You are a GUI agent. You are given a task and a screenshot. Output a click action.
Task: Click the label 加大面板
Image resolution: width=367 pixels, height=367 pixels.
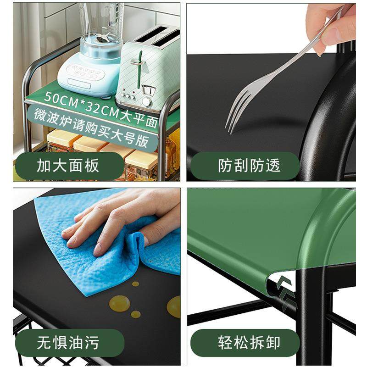coord(67,166)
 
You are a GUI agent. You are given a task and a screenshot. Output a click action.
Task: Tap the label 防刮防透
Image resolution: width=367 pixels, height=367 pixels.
coord(249,166)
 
